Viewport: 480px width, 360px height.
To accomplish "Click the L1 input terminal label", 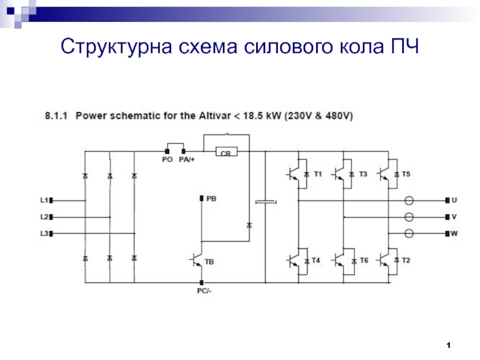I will pos(43,200).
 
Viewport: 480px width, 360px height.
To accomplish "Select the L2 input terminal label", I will pos(43,217).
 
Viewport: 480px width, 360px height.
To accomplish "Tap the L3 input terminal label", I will pos(43,233).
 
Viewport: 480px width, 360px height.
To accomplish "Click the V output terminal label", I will pos(454,217).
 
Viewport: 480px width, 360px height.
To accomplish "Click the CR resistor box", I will pos(226,154).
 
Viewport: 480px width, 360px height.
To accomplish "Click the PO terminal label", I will pos(167,160).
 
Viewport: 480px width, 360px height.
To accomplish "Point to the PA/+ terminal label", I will pos(186,160).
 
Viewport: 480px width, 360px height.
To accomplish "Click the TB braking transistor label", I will pos(209,262).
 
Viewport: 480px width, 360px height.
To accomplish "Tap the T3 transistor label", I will pos(363,174).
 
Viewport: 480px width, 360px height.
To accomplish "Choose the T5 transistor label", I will pos(406,174).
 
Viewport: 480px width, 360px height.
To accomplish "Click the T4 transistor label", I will pos(316,260).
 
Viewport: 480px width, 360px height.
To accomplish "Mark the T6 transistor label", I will pos(363,260).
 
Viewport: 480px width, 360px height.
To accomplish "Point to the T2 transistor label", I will pos(406,260).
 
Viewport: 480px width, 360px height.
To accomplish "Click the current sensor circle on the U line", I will pos(410,200).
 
